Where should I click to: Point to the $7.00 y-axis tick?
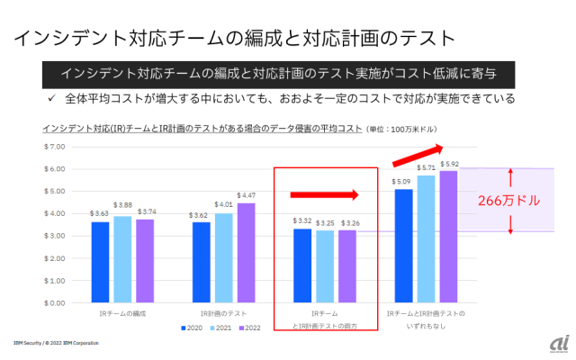pyautogui.click(x=56, y=147)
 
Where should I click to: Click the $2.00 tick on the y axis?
pyautogui.click(x=56, y=258)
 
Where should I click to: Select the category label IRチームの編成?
pyautogui.click(x=121, y=313)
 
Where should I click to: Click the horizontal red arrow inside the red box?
pyautogui.click(x=324, y=193)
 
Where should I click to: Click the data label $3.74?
pyautogui.click(x=143, y=212)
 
